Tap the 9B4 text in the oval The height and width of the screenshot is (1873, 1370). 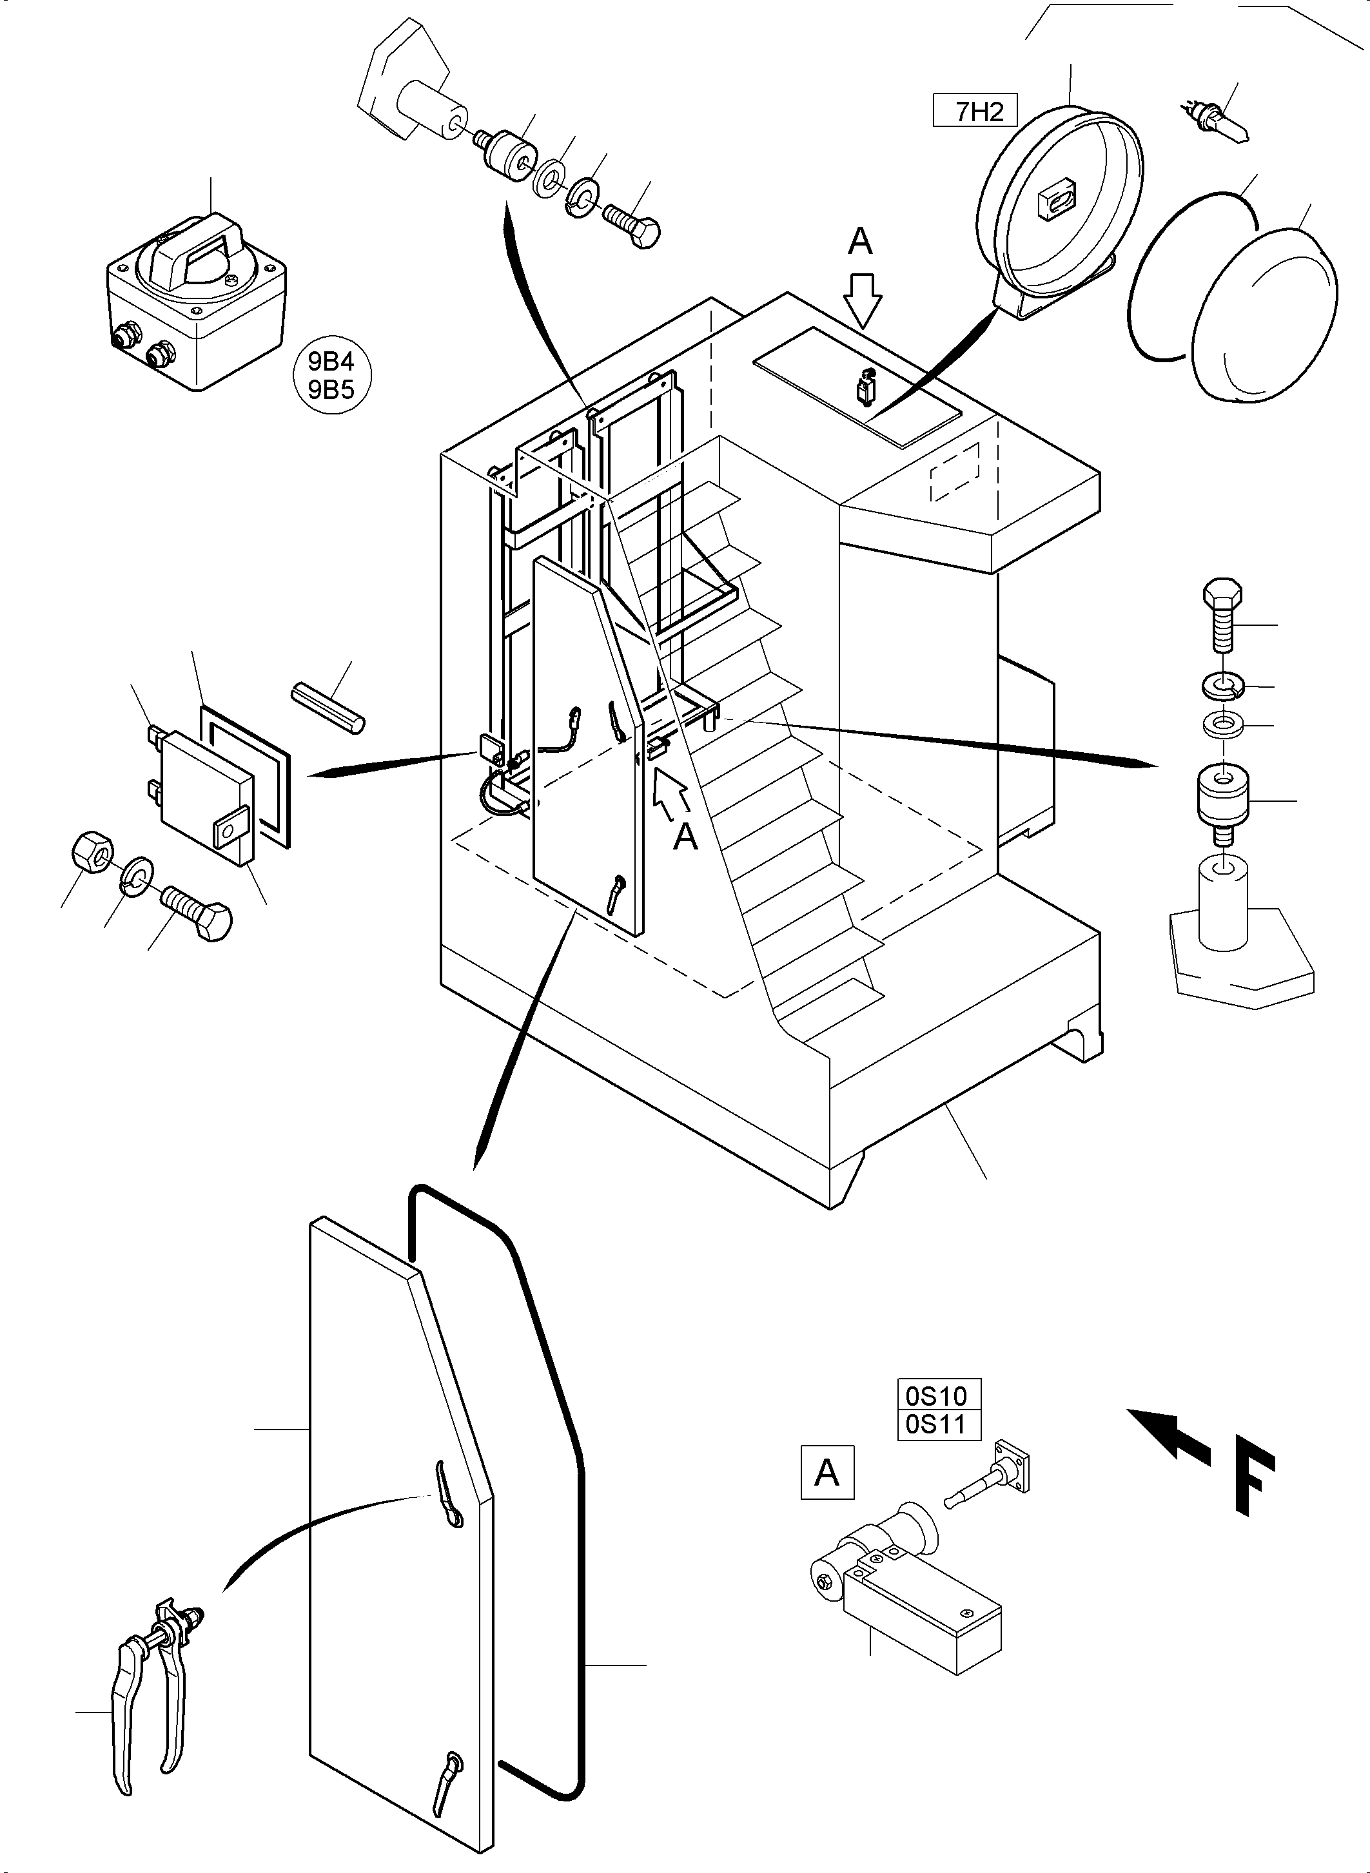pos(331,362)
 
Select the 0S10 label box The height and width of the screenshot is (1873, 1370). pos(939,1395)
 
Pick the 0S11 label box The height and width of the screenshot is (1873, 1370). pos(939,1425)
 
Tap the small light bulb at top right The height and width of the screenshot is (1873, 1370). pos(1215,121)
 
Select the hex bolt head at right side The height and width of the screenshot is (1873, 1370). pos(1222,597)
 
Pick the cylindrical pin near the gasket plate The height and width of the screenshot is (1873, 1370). pos(328,707)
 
